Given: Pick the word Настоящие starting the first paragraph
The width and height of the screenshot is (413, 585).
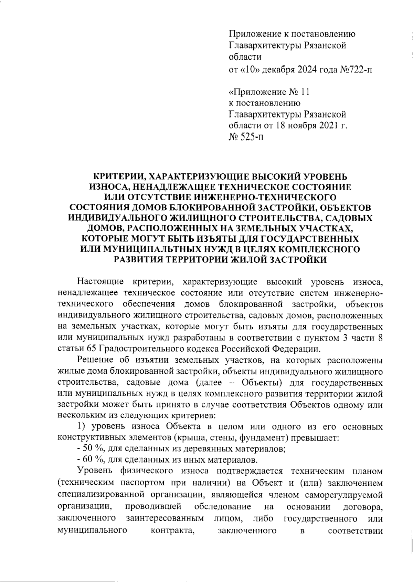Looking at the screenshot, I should (100, 282).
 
